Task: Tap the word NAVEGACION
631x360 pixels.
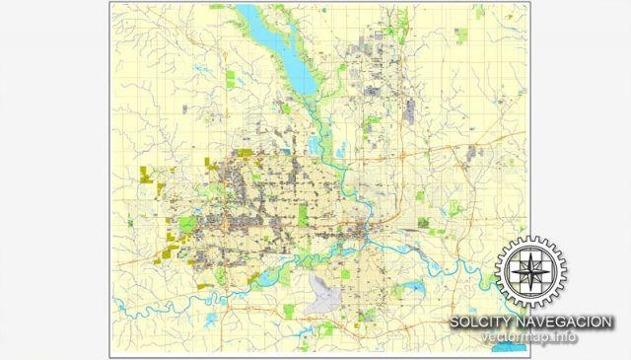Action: pos(567,323)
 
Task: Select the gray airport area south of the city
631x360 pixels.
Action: pos(325,291)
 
